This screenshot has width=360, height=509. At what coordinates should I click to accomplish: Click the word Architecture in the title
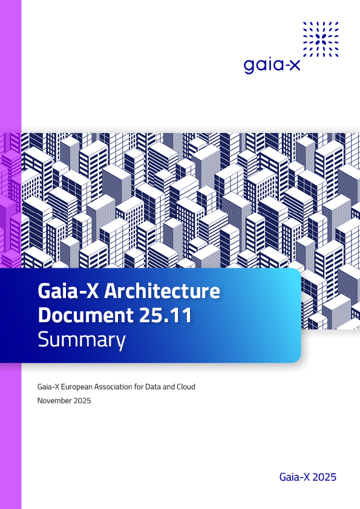[x=162, y=291]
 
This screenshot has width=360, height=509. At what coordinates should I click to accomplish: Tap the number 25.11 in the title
[x=165, y=315]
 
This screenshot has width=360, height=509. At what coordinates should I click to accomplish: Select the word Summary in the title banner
[x=82, y=340]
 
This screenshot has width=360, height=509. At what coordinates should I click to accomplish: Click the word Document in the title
[x=86, y=315]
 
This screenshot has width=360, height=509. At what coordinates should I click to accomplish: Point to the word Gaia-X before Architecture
[x=68, y=291]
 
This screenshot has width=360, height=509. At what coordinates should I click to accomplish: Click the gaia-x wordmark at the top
[x=272, y=65]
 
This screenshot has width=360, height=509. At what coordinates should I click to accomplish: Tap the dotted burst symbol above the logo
[x=321, y=39]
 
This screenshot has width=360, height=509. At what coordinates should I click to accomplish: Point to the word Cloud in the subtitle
[x=186, y=387]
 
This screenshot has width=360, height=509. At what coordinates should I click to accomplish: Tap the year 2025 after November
[x=82, y=401]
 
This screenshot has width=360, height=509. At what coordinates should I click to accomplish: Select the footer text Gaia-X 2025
[x=308, y=477]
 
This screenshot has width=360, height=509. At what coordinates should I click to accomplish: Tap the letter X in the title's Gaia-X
[x=93, y=291]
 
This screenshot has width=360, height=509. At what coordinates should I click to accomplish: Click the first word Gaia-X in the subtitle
[x=48, y=387]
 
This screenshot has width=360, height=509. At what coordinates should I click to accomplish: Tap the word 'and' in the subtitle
[x=168, y=387]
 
